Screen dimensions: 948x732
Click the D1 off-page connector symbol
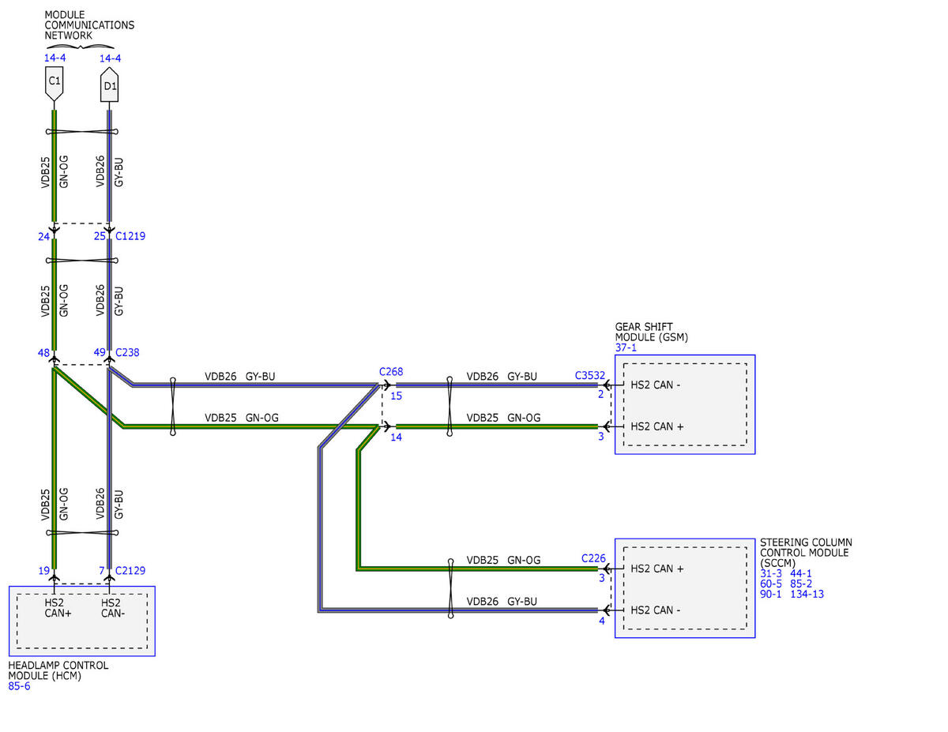109,84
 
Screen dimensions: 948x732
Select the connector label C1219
130,236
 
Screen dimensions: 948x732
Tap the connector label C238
127,352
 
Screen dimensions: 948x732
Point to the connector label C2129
130,570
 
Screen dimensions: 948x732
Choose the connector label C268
391,371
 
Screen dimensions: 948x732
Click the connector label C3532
590,375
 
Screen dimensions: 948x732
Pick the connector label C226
593,558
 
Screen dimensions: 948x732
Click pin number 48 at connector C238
43,353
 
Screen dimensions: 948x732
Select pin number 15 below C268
396,396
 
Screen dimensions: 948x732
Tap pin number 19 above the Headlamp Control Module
43,571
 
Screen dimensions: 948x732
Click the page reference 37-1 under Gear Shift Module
626,347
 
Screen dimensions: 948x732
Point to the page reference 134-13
807,594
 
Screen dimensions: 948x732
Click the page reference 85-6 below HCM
19,686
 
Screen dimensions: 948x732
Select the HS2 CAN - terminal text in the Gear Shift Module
655,385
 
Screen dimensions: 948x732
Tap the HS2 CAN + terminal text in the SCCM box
657,569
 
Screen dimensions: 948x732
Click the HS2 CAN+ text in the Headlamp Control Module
58,608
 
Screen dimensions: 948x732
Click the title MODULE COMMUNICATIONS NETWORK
89,24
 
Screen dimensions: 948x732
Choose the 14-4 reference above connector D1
110,58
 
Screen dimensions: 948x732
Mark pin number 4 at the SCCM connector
602,621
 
